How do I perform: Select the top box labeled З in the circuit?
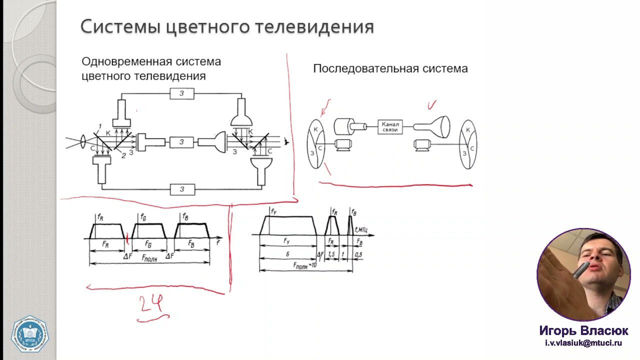click(182, 93)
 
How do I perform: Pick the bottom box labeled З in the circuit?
click(182, 189)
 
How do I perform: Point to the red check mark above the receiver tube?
click(431, 105)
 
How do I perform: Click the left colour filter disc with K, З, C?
click(316, 143)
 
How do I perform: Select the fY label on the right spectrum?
click(274, 212)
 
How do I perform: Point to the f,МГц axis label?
click(361, 230)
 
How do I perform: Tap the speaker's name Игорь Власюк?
click(583, 331)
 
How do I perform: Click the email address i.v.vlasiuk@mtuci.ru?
click(583, 343)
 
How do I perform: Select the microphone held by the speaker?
click(580, 270)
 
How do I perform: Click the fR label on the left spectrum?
click(100, 217)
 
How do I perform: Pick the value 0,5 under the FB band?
click(358, 255)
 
